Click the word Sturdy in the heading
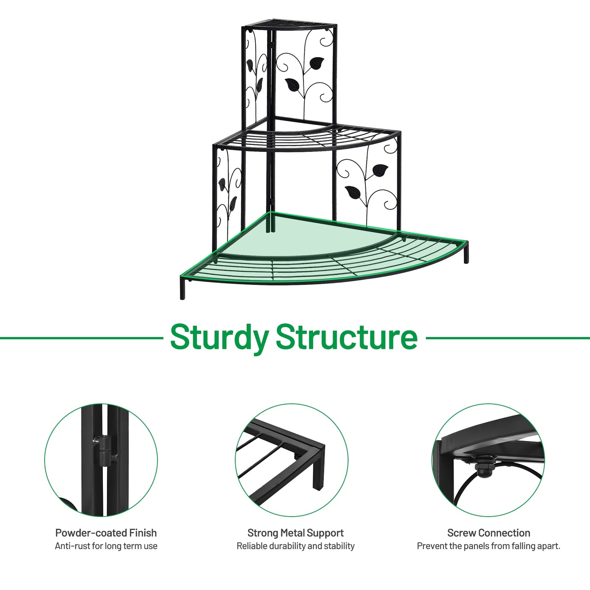tap(219, 338)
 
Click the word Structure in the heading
tap(347, 337)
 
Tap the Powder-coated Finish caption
tap(106, 533)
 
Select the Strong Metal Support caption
tap(296, 533)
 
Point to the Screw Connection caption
tap(489, 533)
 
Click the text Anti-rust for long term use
tap(106, 546)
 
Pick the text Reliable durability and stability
tap(296, 546)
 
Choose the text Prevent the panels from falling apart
tap(489, 546)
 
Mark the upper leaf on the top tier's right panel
tap(316, 63)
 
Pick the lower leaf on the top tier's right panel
tap(292, 85)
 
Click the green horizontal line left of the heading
tap(82, 338)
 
